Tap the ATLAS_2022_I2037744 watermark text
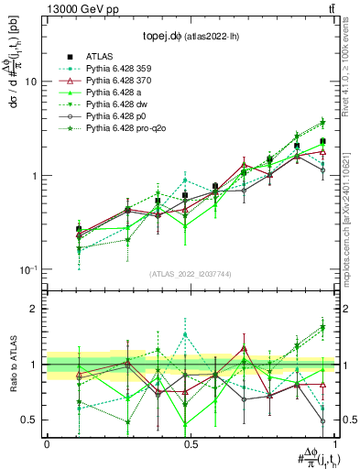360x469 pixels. [189, 274]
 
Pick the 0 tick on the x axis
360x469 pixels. [47, 443]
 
